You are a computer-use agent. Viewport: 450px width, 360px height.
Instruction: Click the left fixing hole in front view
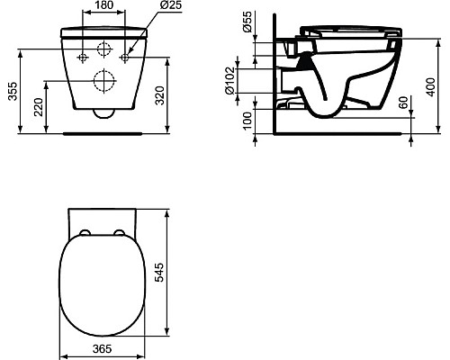pyautogui.click(x=82, y=58)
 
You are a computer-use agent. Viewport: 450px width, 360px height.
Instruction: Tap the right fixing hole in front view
pyautogui.click(x=125, y=58)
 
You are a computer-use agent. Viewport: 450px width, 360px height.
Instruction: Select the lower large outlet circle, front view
pyautogui.click(x=103, y=82)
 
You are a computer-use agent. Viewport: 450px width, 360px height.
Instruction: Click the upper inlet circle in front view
pyautogui.click(x=103, y=47)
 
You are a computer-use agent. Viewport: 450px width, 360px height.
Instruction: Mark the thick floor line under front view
pyautogui.click(x=103, y=131)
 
